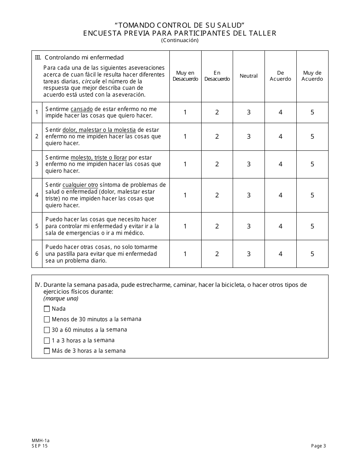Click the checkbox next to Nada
click(47, 309)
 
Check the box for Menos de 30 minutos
click(47, 319)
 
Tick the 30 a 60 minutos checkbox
click(47, 330)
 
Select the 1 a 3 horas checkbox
click(47, 341)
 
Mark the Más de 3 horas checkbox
click(47, 351)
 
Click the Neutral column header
click(249, 76)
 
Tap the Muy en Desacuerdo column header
click(185, 76)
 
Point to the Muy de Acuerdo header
click(312, 76)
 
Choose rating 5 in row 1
click(312, 112)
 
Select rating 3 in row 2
click(249, 136)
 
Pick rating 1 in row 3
click(185, 164)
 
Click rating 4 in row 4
click(280, 195)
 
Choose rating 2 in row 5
click(217, 226)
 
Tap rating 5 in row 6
click(312, 254)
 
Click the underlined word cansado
click(81, 109)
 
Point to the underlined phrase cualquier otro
click(80, 185)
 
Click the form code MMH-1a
click(41, 441)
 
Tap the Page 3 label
click(318, 446)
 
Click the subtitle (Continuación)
click(180, 40)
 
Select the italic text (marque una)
click(61, 298)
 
